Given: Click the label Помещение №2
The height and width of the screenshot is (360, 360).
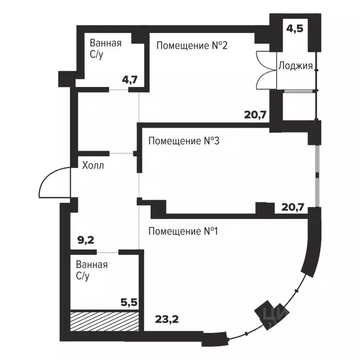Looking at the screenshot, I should pyautogui.click(x=192, y=45).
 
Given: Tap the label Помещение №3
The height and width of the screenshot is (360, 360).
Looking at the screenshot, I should pyautogui.click(x=184, y=141).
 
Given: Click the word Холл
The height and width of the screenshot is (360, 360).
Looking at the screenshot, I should pyautogui.click(x=93, y=165).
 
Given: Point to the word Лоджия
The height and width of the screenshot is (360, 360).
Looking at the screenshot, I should pyautogui.click(x=295, y=66).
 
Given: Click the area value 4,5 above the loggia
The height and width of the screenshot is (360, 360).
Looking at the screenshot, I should pyautogui.click(x=295, y=28).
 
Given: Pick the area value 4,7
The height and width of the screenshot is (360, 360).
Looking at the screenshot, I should pyautogui.click(x=129, y=79).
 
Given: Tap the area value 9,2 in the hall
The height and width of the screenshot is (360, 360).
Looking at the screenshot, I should pyautogui.click(x=85, y=240).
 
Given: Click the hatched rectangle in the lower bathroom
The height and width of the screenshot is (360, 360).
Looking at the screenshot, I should pyautogui.click(x=105, y=321).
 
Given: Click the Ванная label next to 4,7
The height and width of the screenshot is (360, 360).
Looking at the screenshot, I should pyautogui.click(x=105, y=44).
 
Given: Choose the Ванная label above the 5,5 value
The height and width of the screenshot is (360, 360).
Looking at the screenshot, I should pyautogui.click(x=92, y=265).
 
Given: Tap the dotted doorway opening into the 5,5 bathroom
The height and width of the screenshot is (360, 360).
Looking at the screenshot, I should pyautogui.click(x=107, y=252).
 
